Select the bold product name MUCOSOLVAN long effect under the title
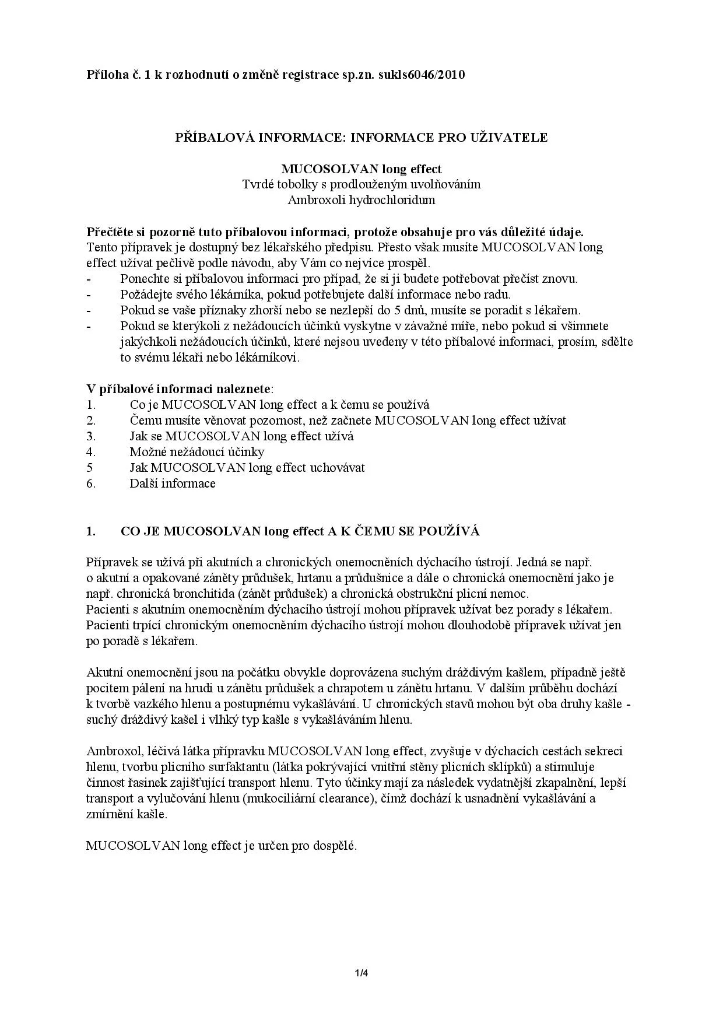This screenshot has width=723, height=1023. (361, 169)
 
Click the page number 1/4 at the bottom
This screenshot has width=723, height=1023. (361, 973)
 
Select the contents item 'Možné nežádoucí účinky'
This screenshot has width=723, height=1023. (196, 452)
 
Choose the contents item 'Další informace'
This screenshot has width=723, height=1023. (172, 484)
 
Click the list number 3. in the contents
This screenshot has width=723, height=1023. (91, 436)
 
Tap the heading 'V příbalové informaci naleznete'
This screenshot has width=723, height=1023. (178, 389)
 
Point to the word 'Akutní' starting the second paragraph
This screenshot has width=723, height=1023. (104, 672)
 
